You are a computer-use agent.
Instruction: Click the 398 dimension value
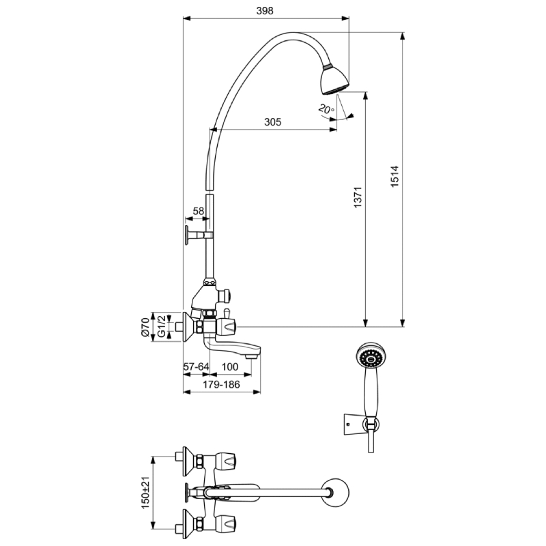pos(265,11)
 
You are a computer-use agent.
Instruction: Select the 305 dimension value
pos(272,122)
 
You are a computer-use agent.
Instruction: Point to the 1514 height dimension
pos(394,177)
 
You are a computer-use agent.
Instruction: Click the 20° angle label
pos(326,109)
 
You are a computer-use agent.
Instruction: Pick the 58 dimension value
pos(198,211)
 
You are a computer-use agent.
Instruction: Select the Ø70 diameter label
pos(145,328)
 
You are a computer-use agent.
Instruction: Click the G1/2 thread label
pos(161,326)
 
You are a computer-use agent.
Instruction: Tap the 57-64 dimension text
pos(196,367)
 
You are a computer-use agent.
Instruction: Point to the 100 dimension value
pos(230,367)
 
